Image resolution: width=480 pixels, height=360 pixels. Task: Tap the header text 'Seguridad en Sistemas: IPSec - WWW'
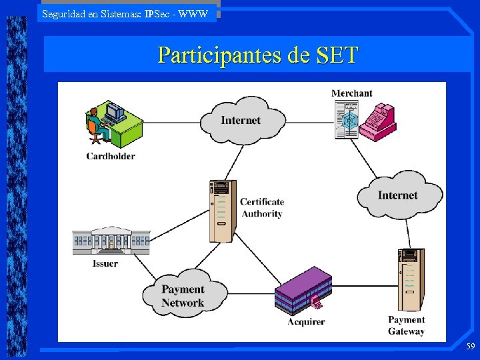(125, 13)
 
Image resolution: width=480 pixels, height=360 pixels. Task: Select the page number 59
(470, 347)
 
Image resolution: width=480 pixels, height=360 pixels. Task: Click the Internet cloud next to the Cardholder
(241, 120)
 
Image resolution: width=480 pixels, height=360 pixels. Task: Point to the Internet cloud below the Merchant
(398, 195)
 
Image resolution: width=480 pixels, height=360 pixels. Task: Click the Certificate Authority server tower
(221, 211)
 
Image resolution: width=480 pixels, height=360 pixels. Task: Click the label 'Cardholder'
(111, 156)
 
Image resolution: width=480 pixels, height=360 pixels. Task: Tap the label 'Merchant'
(352, 93)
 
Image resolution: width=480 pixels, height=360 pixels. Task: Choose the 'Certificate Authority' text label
(262, 207)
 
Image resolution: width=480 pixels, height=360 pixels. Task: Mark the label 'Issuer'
(105, 263)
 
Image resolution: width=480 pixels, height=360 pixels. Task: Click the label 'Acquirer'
(306, 321)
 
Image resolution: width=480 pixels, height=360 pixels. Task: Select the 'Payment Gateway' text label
(406, 325)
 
